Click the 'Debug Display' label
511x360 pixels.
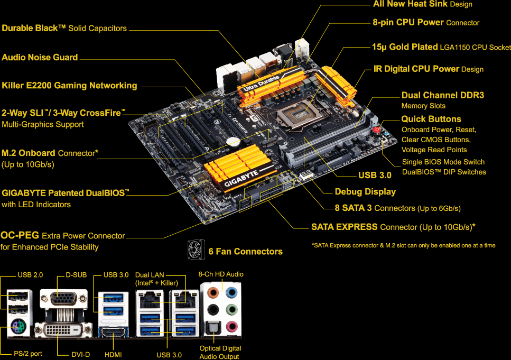(x=365, y=191)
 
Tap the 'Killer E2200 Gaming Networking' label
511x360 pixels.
(x=69, y=85)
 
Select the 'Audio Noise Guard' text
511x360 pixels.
(x=40, y=57)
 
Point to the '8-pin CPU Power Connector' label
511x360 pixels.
(x=426, y=22)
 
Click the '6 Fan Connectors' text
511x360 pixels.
(x=245, y=251)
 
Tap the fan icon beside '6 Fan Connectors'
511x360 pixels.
(x=197, y=250)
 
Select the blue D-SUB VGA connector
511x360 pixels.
(x=62, y=299)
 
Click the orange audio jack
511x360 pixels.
(x=213, y=292)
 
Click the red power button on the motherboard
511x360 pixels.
(x=377, y=130)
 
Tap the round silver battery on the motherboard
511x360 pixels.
(x=234, y=141)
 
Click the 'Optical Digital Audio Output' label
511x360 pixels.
(x=220, y=352)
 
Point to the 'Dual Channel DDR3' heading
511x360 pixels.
(x=442, y=95)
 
